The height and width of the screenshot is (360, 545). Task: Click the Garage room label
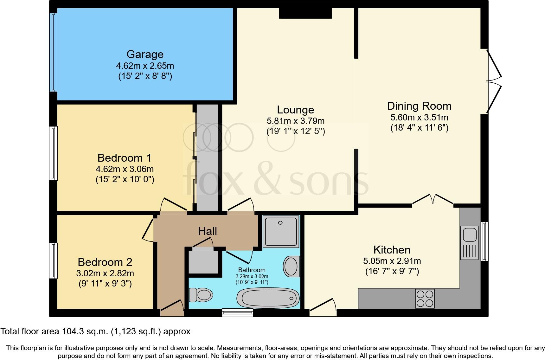[145, 54]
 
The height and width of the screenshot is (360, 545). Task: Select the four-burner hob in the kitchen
[425, 299]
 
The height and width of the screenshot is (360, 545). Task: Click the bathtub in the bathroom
[268, 298]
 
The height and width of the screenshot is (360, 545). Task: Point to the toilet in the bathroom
[200, 295]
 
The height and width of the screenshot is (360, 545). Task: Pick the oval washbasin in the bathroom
[291, 266]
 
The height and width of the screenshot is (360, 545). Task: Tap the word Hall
[208, 231]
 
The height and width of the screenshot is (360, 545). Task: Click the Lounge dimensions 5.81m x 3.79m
[296, 121]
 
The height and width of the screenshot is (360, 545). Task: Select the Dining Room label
[419, 106]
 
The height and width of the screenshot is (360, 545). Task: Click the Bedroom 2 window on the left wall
[53, 260]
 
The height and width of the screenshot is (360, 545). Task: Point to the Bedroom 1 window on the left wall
[53, 153]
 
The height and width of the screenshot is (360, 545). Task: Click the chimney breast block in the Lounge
[305, 13]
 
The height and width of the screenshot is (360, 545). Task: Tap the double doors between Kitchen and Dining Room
[433, 200]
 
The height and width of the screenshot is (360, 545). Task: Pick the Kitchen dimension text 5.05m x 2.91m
[392, 261]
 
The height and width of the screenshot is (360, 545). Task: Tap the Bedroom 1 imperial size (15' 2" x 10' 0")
[125, 179]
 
